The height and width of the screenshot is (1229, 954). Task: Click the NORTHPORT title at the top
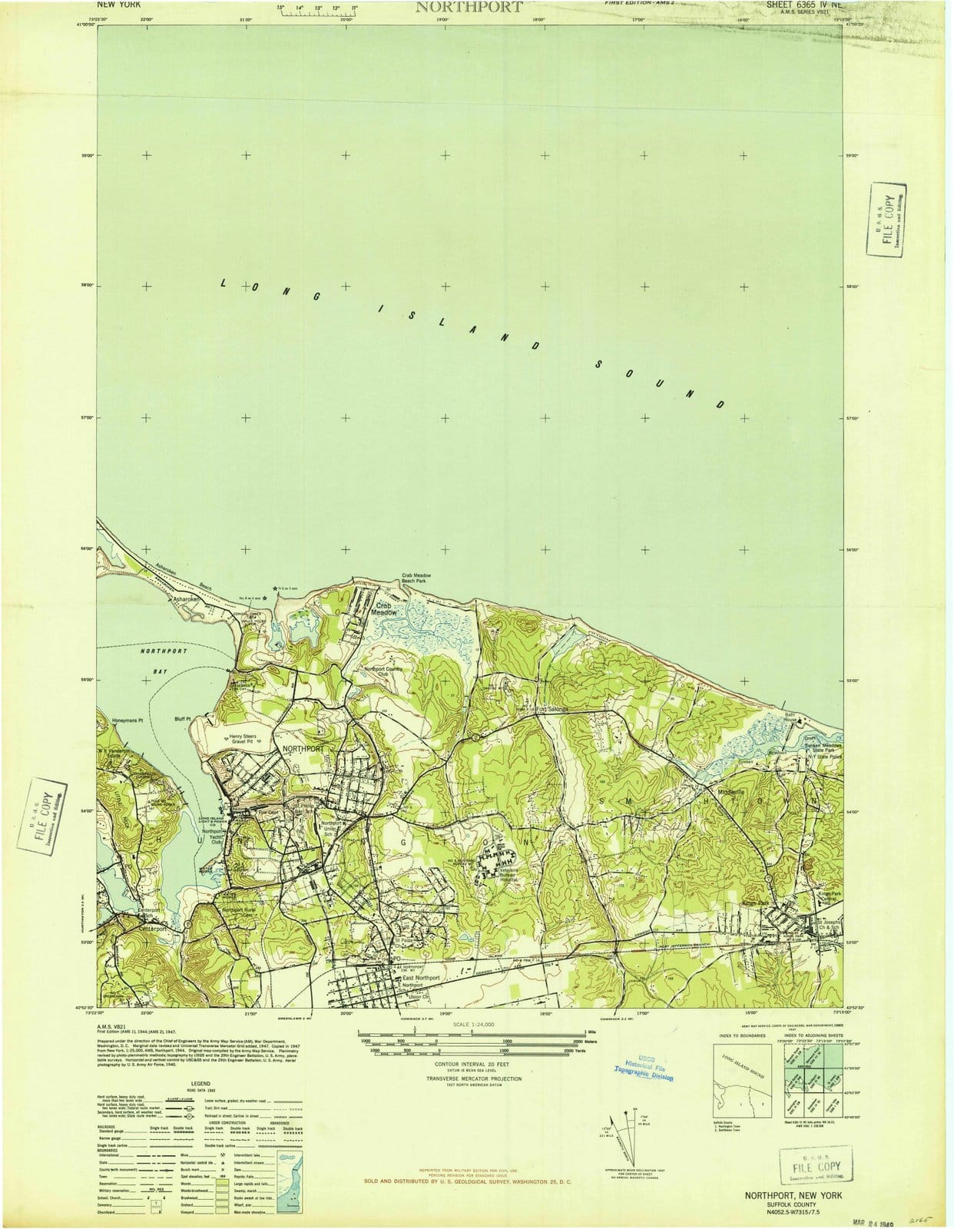(x=469, y=8)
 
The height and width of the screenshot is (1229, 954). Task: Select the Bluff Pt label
(x=182, y=719)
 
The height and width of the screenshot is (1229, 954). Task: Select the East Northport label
(x=421, y=978)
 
